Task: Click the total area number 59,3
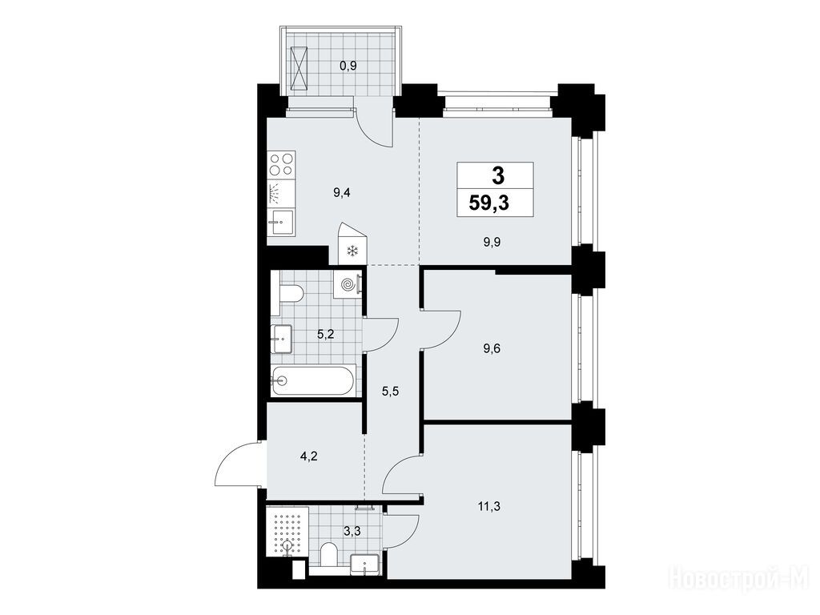[x=489, y=203]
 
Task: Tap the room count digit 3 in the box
[x=498, y=175]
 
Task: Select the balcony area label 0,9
[x=348, y=66]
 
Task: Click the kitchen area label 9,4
[x=341, y=192]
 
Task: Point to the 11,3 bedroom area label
[x=488, y=506]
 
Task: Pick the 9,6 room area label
[x=492, y=348]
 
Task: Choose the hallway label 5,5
[x=391, y=391]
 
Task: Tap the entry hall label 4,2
[x=309, y=456]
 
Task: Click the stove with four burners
[x=281, y=163]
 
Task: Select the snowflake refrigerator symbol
[x=352, y=251]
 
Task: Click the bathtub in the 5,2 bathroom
[x=314, y=380]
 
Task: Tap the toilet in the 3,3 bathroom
[x=329, y=554]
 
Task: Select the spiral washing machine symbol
[x=348, y=284]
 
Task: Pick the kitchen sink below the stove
[x=281, y=222]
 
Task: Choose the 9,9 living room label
[x=492, y=242]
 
